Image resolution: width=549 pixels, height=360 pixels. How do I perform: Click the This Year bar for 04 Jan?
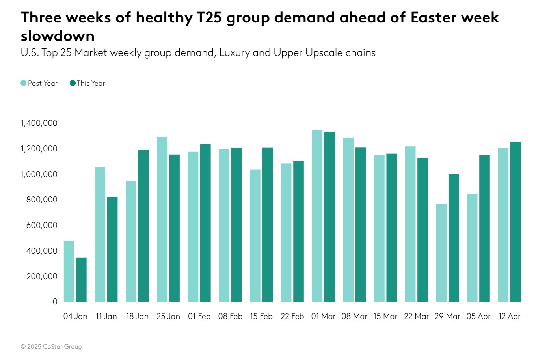click(x=81, y=280)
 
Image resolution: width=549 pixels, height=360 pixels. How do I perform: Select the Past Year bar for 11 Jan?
click(x=100, y=234)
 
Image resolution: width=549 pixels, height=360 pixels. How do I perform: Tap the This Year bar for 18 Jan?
click(x=143, y=226)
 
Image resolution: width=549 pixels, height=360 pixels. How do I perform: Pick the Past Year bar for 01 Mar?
click(x=317, y=216)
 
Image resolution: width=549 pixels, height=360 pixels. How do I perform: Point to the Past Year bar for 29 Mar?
click(x=441, y=253)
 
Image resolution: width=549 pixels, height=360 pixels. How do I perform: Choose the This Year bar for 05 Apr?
click(x=485, y=228)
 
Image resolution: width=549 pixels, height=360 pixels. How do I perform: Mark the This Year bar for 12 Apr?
click(x=516, y=222)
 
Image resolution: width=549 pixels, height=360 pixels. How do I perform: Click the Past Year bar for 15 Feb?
click(x=255, y=235)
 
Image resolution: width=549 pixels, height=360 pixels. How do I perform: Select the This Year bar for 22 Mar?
click(x=422, y=229)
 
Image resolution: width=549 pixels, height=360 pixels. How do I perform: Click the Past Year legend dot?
click(x=24, y=83)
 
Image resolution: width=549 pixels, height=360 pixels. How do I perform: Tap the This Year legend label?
click(x=91, y=83)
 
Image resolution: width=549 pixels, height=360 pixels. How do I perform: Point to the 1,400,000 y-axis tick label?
click(x=39, y=123)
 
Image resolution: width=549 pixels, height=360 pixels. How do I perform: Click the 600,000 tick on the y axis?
click(x=42, y=225)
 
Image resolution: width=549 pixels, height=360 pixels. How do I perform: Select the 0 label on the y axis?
click(x=55, y=302)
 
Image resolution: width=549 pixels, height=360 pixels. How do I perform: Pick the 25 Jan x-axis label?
click(x=168, y=316)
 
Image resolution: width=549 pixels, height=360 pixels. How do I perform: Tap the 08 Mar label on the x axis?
click(x=354, y=316)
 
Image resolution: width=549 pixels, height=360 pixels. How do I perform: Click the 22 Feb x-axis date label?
click(x=292, y=316)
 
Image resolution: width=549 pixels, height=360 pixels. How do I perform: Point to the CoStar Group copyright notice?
click(x=51, y=347)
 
